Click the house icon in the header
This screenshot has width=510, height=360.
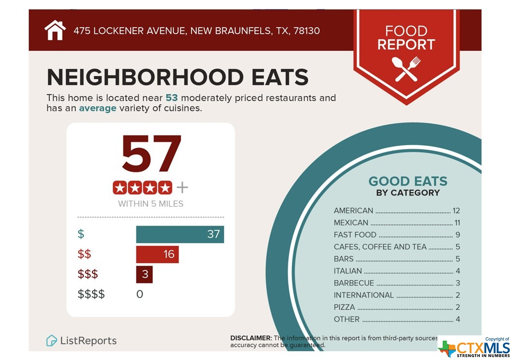coord(55,30)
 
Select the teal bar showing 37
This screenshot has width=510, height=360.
coord(180,235)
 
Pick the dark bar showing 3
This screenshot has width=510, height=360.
coord(144,274)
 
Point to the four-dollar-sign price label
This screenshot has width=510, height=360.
coord(91,294)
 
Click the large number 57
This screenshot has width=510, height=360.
coord(151,154)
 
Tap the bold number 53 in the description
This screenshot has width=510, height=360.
coord(172,98)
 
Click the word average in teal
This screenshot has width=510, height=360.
coord(98,108)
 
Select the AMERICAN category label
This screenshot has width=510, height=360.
coord(353,210)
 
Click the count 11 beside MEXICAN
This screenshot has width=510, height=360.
coord(457,223)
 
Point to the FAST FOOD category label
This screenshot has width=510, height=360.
coord(355,235)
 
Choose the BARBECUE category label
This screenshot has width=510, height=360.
coord(354,283)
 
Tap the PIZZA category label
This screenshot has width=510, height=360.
coord(344,307)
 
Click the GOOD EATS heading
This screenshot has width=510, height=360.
coord(408,181)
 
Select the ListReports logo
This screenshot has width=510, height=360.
coord(81,341)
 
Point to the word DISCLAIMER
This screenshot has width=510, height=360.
coord(251,338)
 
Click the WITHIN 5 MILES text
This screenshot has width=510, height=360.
coord(151,204)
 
